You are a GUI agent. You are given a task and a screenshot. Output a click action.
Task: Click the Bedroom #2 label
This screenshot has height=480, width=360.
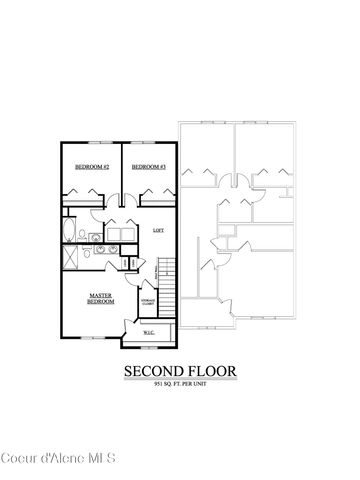click(x=91, y=167)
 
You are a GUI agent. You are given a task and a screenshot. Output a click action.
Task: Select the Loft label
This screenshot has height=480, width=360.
click(x=158, y=230)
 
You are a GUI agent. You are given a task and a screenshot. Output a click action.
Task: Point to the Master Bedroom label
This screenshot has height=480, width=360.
click(x=100, y=298)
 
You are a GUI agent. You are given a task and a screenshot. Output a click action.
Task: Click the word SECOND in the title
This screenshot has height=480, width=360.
click(x=153, y=371)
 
